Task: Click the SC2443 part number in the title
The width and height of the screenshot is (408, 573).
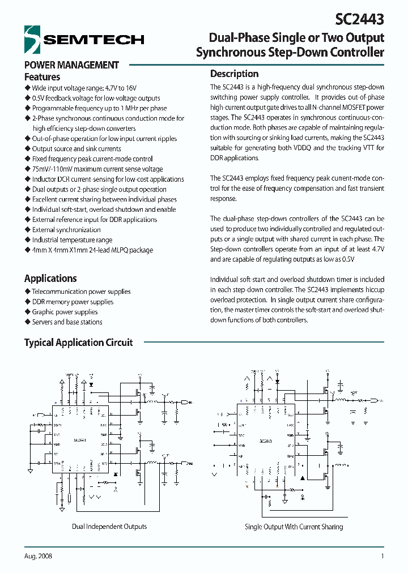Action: click(x=360, y=19)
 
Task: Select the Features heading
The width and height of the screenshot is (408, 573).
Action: click(x=42, y=77)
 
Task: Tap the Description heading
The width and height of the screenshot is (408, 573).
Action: click(x=234, y=74)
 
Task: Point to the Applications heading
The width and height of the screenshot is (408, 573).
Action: click(x=50, y=278)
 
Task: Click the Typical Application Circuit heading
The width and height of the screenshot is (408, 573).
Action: click(x=78, y=343)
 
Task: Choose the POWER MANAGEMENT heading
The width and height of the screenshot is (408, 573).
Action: click(x=71, y=65)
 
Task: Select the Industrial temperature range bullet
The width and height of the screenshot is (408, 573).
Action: click(x=72, y=240)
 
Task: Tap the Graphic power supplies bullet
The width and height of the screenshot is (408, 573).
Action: click(x=65, y=312)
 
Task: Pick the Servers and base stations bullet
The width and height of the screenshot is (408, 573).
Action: click(x=67, y=322)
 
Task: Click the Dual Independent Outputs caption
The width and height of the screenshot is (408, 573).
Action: click(x=109, y=527)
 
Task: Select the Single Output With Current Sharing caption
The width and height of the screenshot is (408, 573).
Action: click(x=294, y=527)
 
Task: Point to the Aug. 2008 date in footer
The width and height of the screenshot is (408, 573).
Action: click(x=39, y=557)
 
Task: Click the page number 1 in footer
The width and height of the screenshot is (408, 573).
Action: click(x=382, y=557)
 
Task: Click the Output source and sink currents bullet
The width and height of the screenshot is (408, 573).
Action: click(x=76, y=149)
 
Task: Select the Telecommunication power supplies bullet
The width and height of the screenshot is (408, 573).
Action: click(x=81, y=292)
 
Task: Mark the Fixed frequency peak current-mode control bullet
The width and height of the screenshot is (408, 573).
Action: click(x=92, y=159)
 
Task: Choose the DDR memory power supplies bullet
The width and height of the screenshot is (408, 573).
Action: click(x=73, y=302)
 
